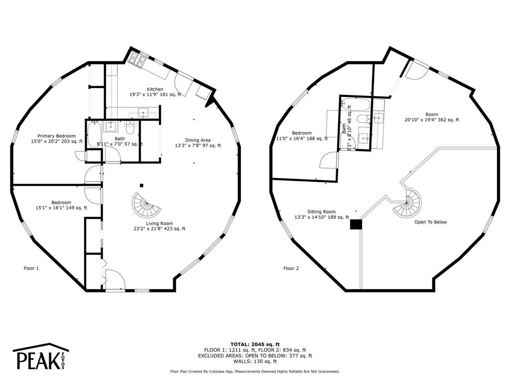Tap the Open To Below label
click(x=430, y=222)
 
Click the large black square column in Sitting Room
click(x=356, y=224)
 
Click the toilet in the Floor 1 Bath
click(x=130, y=128)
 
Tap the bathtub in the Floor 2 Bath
click(x=355, y=104)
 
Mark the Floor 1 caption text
click(x=31, y=269)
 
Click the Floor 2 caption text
click(x=291, y=269)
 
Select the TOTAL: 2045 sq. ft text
click(x=255, y=344)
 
